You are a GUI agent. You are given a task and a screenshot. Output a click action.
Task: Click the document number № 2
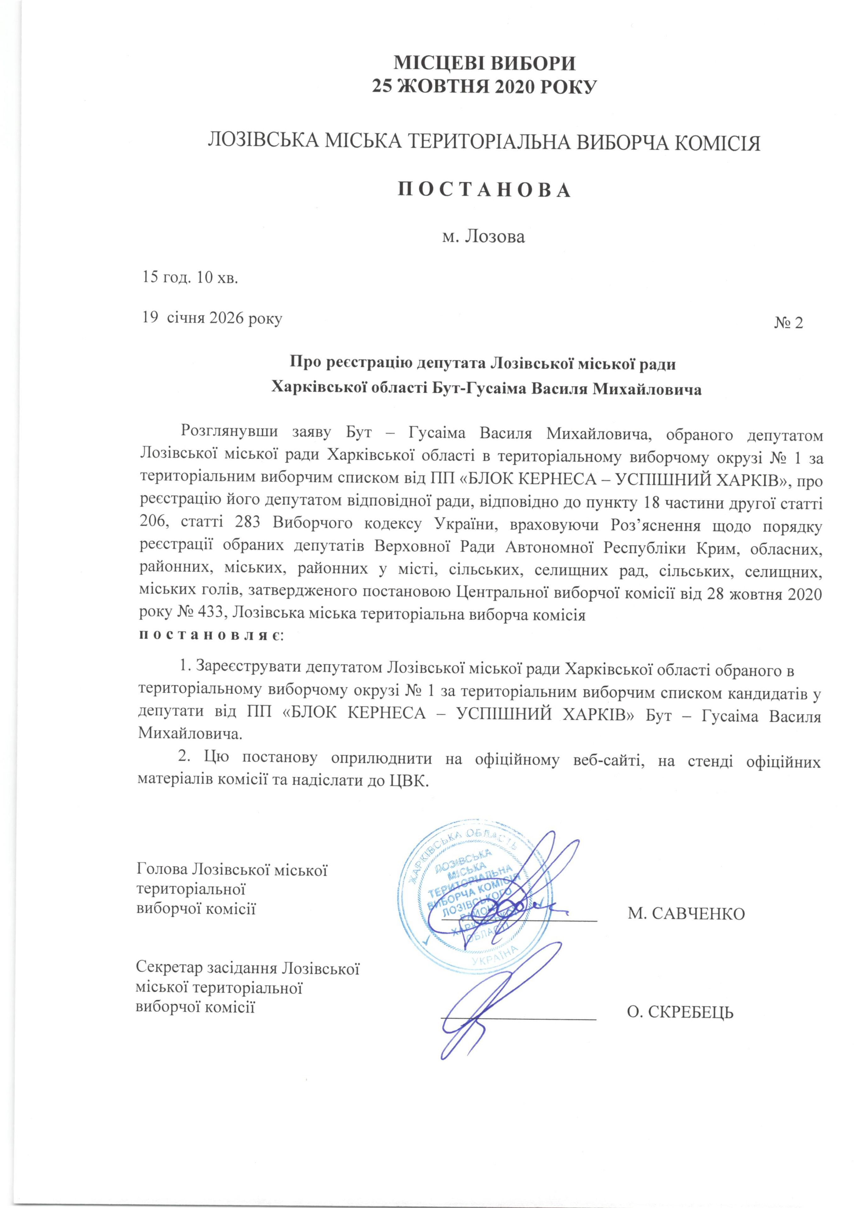click(788, 322)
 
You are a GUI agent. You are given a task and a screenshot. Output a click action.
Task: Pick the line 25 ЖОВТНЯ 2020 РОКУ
click(485, 86)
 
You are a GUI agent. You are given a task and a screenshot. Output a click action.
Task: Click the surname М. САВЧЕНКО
click(686, 913)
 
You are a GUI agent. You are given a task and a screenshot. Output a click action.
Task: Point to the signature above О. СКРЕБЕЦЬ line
click(505, 1000)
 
